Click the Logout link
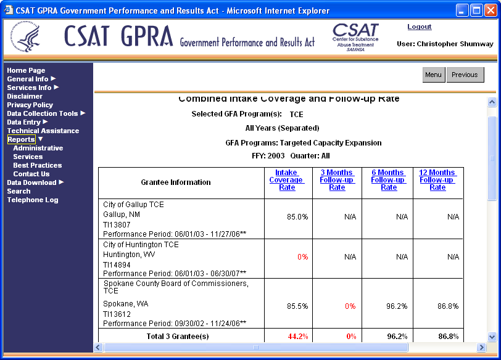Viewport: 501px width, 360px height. pos(420,27)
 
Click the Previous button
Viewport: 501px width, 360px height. pos(465,75)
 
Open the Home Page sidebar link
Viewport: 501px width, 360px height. pos(26,70)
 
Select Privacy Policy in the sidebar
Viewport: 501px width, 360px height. pos(30,105)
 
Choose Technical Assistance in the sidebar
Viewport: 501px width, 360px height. pos(43,131)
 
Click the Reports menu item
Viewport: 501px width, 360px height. pos(21,139)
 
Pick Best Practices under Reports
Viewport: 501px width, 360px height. pos(38,165)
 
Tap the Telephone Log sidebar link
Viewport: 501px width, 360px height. pos(33,200)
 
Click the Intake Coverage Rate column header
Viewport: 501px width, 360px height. pos(286,180)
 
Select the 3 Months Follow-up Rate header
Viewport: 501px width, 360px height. pos(337,180)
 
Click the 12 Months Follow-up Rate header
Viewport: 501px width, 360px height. pos(437,180)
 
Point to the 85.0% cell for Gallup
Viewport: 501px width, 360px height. pos(297,217)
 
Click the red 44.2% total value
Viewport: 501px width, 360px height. pos(297,337)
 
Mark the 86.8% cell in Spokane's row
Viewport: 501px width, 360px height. pos(448,306)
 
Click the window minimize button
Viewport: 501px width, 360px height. pos(462,10)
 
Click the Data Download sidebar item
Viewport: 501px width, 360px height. pos(31,182)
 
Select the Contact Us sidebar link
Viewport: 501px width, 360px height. pos(31,174)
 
